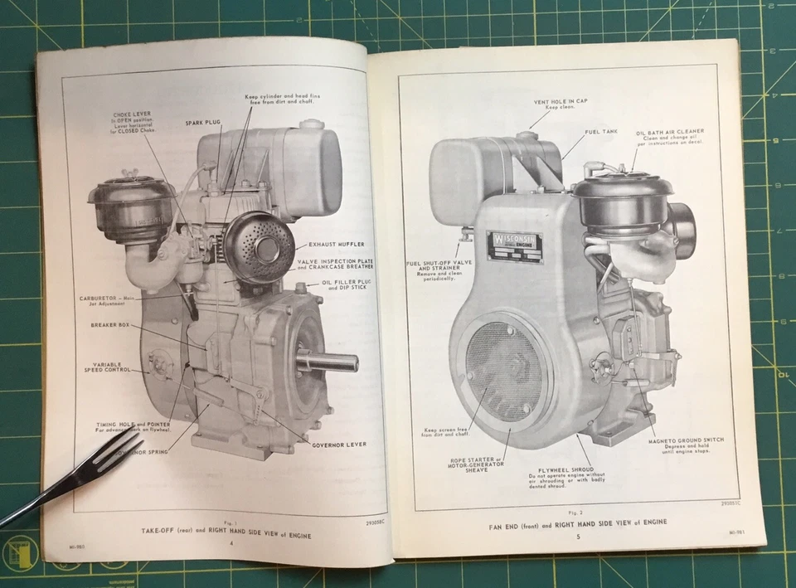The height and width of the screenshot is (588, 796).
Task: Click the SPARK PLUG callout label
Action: [201, 123]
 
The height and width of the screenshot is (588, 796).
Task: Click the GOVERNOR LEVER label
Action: [337, 445]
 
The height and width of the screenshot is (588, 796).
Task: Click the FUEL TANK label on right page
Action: [599, 131]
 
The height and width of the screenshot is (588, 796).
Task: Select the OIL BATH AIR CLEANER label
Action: [671, 131]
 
